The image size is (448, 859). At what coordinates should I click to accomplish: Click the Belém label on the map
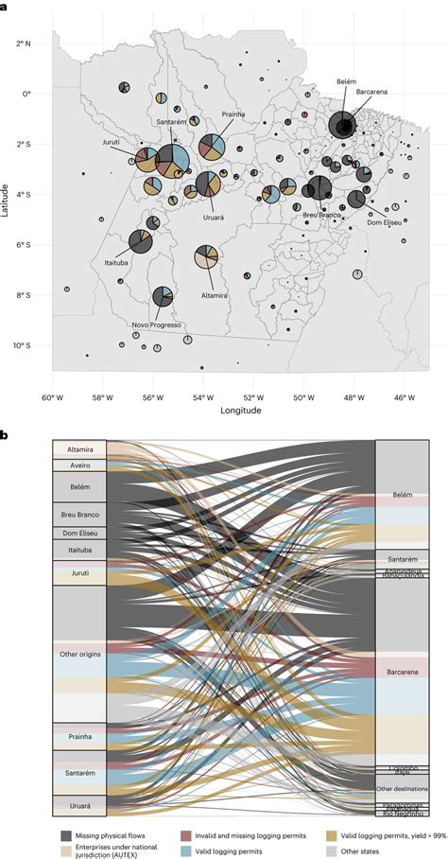coord(346,82)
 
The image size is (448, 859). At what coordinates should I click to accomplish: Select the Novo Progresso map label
coord(154,324)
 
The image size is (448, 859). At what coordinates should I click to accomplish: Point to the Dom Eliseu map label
coord(384,223)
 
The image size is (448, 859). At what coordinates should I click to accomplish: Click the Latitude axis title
coord(7,199)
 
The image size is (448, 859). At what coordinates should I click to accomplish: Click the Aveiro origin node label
coord(78,465)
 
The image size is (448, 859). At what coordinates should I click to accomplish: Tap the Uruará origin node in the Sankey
coord(78,805)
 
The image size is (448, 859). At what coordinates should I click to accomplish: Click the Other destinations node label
coord(402,788)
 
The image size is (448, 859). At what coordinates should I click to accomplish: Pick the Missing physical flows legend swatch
coord(68,836)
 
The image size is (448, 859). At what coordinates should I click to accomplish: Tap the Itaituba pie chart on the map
coord(141,242)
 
